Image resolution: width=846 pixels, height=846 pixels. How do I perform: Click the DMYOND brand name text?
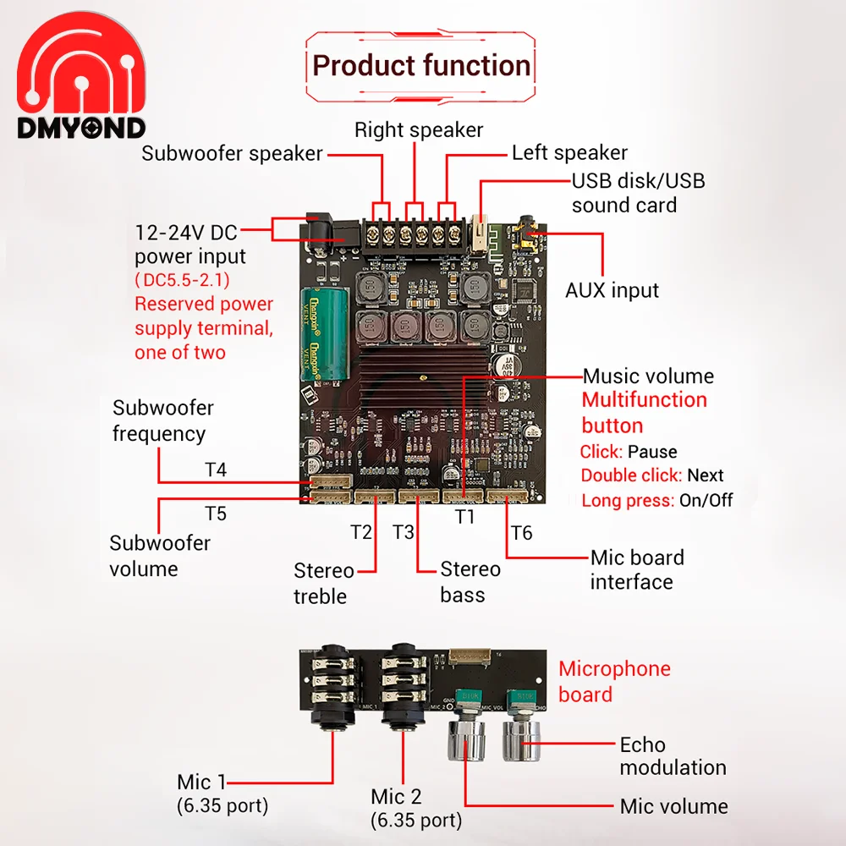click(x=81, y=128)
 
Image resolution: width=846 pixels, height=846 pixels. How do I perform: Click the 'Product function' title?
click(x=421, y=66)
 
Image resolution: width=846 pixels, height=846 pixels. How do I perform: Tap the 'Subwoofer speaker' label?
click(x=232, y=154)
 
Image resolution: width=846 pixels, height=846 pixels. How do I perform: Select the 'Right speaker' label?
click(x=418, y=130)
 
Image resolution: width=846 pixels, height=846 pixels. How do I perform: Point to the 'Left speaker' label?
click(x=569, y=153)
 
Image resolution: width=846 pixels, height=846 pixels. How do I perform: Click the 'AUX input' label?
click(x=612, y=290)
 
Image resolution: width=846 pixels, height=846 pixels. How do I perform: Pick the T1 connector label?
click(x=465, y=515)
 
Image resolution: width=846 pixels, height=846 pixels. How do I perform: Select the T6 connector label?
click(x=522, y=533)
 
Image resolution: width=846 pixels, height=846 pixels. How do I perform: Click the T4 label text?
click(x=216, y=470)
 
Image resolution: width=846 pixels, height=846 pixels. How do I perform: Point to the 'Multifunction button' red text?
click(x=644, y=412)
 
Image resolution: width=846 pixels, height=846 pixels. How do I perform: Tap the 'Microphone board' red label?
click(x=614, y=681)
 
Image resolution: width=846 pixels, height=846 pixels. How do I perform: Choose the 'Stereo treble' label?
click(x=321, y=583)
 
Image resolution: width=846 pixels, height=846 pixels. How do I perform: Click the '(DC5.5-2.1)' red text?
click(x=182, y=280)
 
